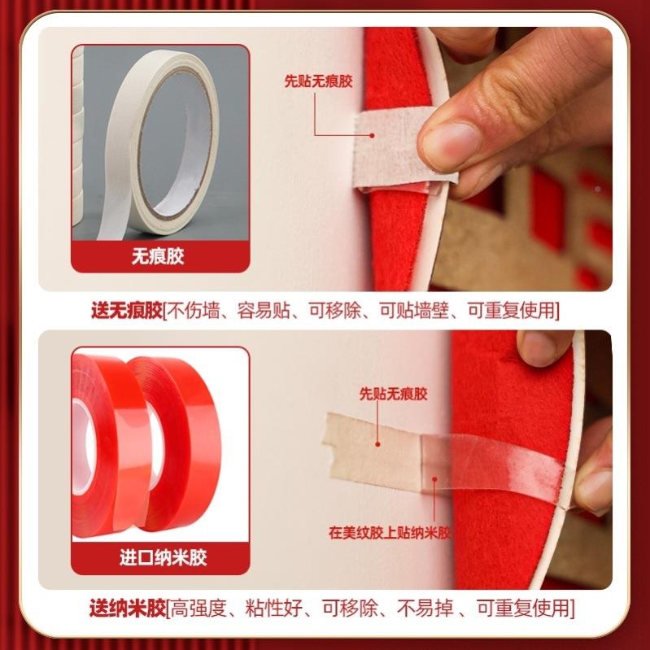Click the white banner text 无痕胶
pyautogui.click(x=159, y=257)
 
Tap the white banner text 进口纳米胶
pyautogui.click(x=159, y=558)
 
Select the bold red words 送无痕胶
pyautogui.click(x=127, y=310)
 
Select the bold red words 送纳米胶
pyautogui.click(x=127, y=608)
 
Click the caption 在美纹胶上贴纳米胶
pyautogui.click(x=390, y=534)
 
